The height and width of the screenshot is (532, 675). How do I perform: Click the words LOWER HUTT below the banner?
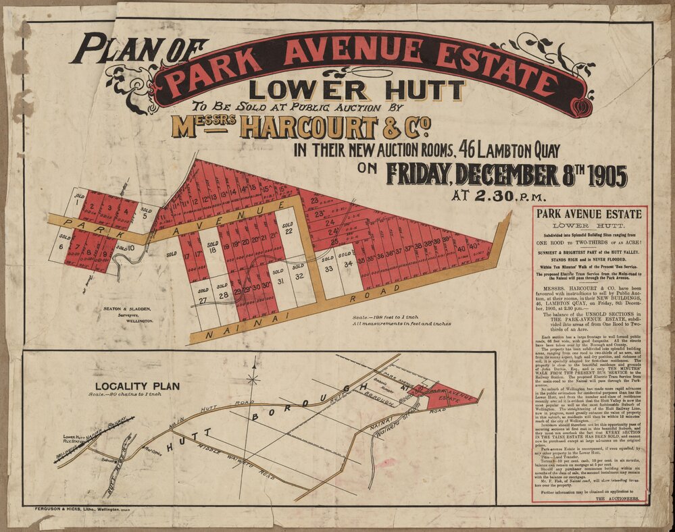tap(356, 90)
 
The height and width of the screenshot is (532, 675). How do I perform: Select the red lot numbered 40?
tap(461, 248)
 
